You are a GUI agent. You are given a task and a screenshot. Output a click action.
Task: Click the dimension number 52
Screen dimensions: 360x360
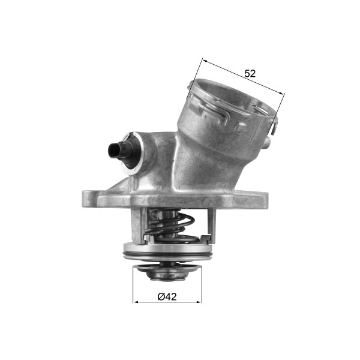[250, 74]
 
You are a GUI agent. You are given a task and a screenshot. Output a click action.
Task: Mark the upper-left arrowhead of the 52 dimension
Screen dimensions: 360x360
[206, 61]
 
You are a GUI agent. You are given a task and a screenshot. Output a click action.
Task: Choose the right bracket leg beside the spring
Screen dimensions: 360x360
[210, 222]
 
